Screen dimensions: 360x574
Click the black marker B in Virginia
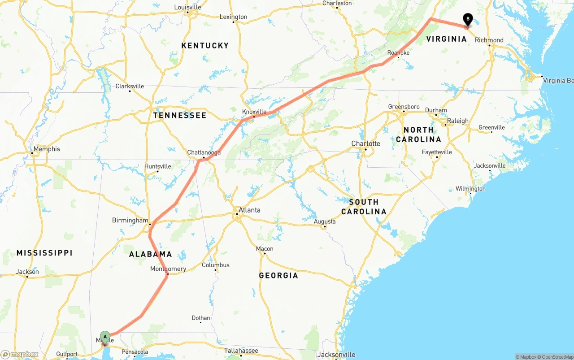coord(468,19)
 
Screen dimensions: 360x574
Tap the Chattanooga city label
coord(204,152)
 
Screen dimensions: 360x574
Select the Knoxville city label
coord(254,112)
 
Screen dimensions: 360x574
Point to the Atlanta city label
coord(249,210)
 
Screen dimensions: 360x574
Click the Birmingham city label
coord(130,220)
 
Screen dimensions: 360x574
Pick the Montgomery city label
coord(168,269)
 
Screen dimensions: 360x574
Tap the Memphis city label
coord(47,149)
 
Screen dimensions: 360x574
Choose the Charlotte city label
coord(365,143)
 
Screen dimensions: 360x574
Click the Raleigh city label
coord(457,121)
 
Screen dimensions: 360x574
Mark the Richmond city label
coord(489,40)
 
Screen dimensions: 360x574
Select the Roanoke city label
coord(398,53)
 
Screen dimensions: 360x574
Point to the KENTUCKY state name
coord(205,45)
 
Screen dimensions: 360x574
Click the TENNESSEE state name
coord(180,115)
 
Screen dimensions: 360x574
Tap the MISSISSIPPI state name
coord(44,253)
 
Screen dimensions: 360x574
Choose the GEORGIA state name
coord(278,275)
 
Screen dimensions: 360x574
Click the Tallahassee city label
coord(241,351)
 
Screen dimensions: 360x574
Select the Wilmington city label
coord(470,189)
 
